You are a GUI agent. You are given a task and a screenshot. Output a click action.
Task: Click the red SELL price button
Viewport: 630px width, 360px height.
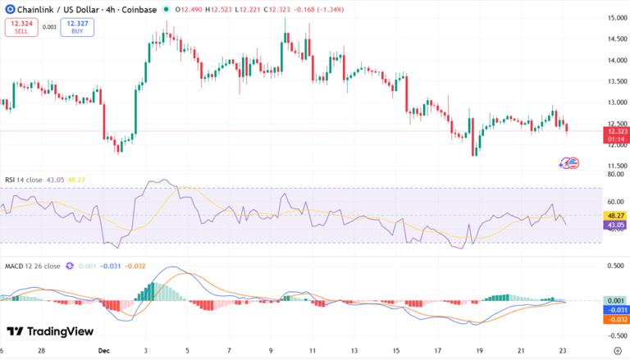[21, 27]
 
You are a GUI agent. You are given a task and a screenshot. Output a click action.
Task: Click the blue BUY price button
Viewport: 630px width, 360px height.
[75, 27]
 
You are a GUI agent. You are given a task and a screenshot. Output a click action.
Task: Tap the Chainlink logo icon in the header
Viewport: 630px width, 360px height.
[7, 9]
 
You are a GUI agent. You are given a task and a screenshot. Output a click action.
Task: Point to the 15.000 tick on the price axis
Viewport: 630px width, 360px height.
[617, 17]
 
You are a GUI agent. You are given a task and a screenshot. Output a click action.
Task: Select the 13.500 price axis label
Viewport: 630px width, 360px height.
[617, 81]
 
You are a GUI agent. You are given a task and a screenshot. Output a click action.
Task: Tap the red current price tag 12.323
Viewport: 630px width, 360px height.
[615, 131]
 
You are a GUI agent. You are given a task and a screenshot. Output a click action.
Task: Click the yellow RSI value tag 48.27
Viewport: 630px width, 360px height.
[614, 215]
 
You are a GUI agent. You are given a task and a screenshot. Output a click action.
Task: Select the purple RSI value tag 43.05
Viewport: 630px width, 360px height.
[614, 225]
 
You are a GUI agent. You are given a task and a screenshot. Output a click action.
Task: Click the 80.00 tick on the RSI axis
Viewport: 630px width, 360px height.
[616, 175]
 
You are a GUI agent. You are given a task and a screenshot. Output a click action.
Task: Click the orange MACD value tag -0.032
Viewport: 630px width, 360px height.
[615, 319]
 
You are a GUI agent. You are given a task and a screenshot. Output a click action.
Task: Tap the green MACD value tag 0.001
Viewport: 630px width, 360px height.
[615, 301]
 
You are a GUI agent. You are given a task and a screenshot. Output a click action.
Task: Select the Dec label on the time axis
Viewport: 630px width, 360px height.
[103, 349]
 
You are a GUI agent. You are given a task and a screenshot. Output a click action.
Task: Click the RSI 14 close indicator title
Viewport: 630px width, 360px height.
[24, 180]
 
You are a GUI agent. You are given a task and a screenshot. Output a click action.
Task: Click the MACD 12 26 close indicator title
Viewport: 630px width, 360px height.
[32, 266]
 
